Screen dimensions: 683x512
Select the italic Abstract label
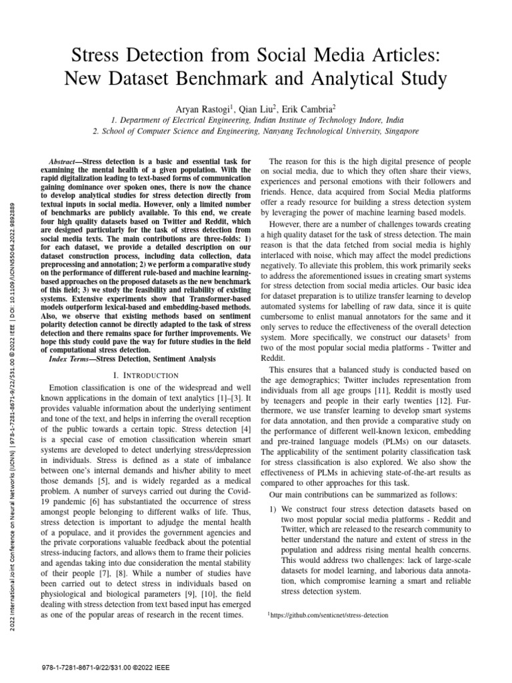(65, 162)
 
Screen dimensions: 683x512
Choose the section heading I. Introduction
(142, 376)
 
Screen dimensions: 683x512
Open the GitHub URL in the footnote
(329, 616)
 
